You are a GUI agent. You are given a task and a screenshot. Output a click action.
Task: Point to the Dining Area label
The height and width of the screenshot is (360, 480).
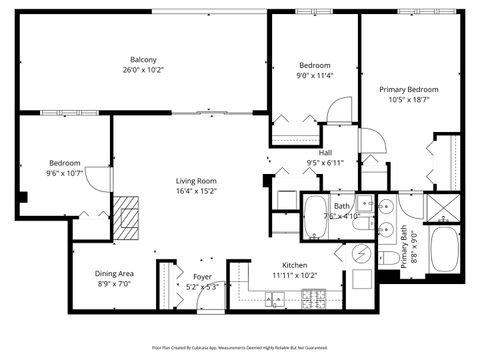(115, 273)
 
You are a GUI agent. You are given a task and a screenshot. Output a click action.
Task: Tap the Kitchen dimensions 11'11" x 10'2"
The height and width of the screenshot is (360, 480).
(295, 274)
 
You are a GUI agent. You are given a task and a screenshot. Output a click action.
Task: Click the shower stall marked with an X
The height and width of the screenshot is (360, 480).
(441, 207)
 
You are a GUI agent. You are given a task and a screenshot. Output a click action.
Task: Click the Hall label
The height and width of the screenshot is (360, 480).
(325, 152)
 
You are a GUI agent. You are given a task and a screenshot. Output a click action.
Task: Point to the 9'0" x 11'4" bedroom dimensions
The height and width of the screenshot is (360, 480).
(313, 75)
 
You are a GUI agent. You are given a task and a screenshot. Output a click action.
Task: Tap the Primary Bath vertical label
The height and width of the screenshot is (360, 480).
(405, 252)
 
